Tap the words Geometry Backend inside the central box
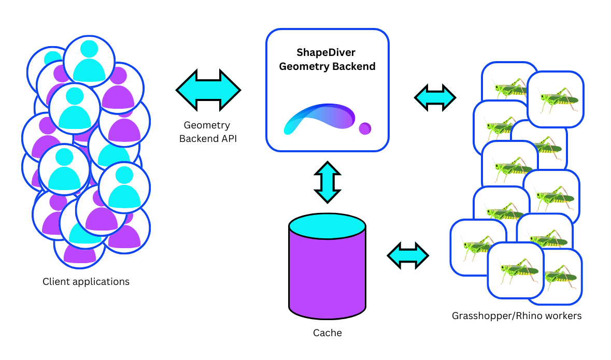point(326,66)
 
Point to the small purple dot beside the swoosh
point(365,128)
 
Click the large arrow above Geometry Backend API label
point(208,90)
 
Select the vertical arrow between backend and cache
point(328,182)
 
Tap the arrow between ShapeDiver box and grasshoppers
point(435,97)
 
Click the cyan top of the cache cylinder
point(327,224)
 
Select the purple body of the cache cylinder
point(327,275)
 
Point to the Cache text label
point(327,333)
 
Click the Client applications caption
point(86,282)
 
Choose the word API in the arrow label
point(228,139)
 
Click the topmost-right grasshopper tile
point(555,99)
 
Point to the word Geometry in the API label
point(207,125)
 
